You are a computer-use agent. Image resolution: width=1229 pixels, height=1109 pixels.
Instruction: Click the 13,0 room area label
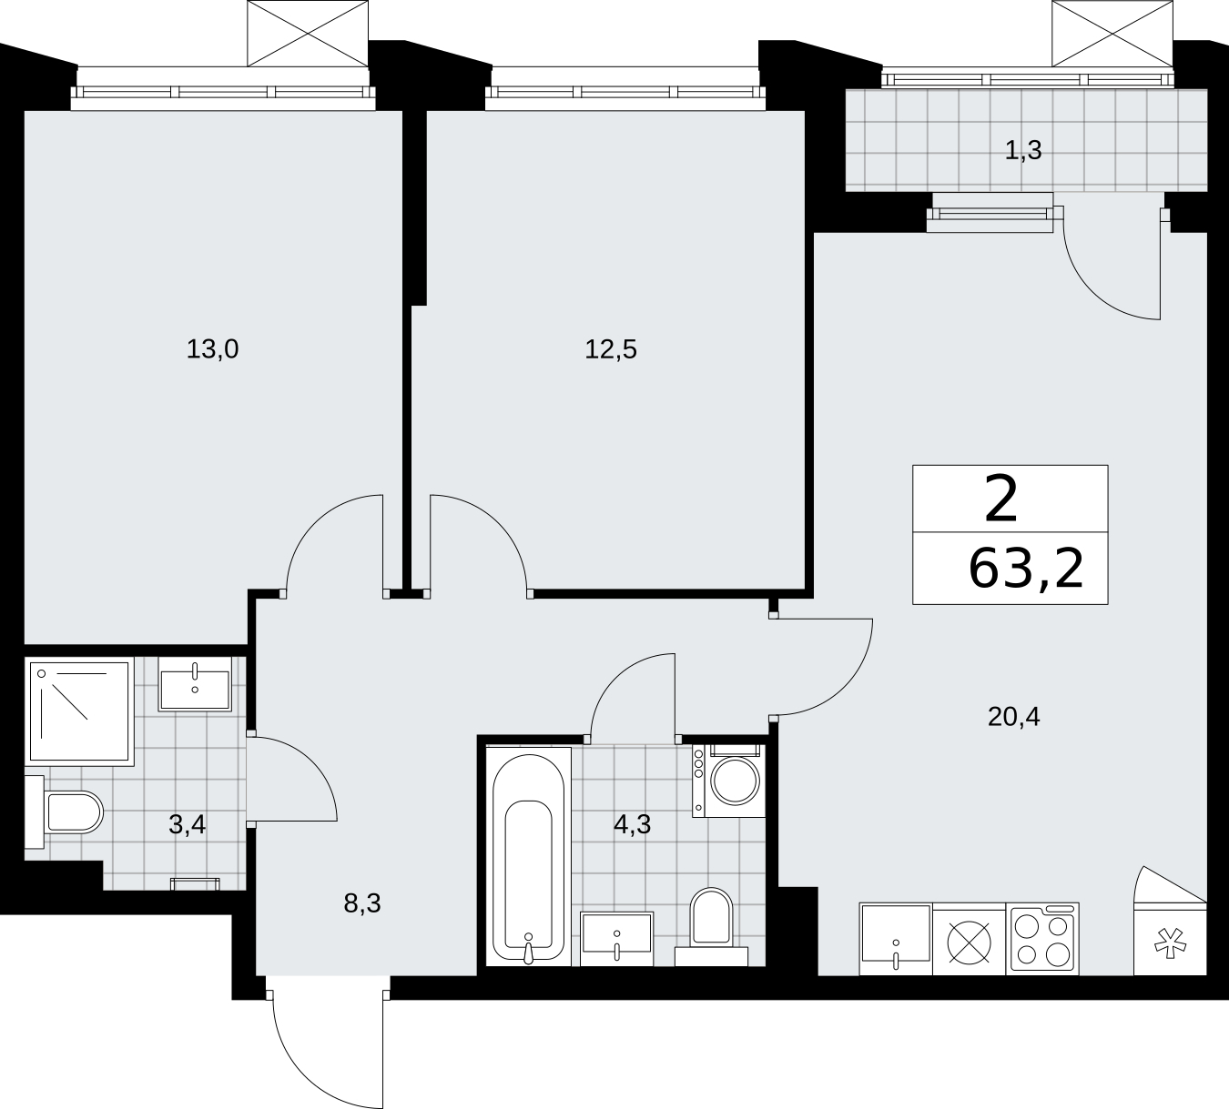(x=212, y=349)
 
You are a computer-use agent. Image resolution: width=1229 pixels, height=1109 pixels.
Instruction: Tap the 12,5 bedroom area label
(x=611, y=349)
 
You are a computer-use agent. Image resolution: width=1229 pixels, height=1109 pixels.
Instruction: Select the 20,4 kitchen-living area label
(x=1013, y=717)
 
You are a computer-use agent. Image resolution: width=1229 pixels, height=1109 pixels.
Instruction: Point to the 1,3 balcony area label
(x=1023, y=150)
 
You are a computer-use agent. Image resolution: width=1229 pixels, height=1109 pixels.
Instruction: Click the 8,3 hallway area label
(x=362, y=903)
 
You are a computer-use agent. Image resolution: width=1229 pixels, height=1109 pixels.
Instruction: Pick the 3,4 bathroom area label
(x=187, y=825)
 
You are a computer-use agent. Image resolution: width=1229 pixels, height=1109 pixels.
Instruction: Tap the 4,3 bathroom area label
(x=633, y=825)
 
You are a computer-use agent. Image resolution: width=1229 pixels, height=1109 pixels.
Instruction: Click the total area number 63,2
(x=1026, y=569)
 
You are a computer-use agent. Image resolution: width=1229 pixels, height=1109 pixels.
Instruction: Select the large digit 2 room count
(x=1001, y=499)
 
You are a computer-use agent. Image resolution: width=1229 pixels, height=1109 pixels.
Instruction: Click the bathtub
(x=528, y=857)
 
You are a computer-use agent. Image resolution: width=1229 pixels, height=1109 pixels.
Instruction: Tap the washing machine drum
(x=735, y=781)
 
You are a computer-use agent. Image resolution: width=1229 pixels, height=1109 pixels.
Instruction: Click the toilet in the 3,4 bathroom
(x=65, y=812)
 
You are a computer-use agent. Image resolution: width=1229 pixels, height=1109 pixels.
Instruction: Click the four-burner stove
(x=1042, y=939)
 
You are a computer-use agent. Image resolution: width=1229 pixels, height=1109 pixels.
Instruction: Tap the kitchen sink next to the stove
(x=896, y=939)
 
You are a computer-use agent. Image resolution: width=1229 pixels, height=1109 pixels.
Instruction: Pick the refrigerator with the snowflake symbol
(x=1170, y=939)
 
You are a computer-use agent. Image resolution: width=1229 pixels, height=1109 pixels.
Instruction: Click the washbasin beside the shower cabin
(x=195, y=684)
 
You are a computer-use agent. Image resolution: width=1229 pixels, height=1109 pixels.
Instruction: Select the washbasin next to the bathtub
(x=616, y=939)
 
